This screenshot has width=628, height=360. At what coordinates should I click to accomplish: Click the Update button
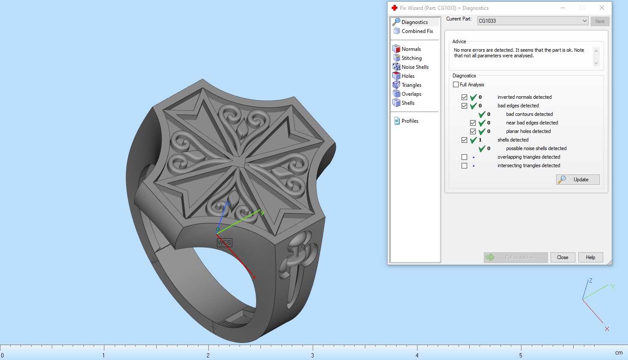click(578, 180)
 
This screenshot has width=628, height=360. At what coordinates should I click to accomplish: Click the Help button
click(590, 257)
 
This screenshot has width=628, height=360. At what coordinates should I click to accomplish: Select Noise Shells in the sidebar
click(415, 67)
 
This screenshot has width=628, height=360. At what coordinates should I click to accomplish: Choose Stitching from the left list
click(411, 58)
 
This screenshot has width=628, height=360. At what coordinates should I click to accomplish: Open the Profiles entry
click(409, 121)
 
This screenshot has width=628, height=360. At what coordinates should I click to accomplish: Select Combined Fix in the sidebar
click(417, 31)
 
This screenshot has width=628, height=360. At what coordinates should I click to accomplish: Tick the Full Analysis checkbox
click(456, 85)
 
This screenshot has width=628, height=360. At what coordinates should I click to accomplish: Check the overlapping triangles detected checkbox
click(465, 157)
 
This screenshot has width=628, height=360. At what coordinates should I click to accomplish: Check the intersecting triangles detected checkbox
click(465, 166)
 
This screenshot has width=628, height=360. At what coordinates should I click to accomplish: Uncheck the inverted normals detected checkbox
click(465, 97)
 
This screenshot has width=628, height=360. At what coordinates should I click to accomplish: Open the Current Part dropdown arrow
click(584, 21)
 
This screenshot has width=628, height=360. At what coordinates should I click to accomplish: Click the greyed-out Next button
click(600, 21)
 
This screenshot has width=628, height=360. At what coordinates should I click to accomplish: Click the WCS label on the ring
click(224, 242)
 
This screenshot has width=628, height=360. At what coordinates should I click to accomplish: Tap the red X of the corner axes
click(607, 329)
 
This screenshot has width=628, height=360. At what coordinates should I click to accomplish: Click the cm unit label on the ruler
click(619, 353)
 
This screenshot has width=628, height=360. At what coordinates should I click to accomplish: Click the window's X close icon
click(601, 8)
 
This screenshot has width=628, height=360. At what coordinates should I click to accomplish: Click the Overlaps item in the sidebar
click(411, 94)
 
